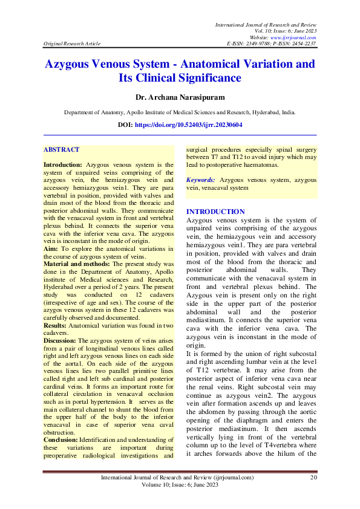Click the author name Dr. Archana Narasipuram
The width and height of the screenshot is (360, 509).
[x=180, y=96]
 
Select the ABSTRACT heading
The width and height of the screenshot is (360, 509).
[x=62, y=149]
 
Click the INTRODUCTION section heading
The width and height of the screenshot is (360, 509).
[x=215, y=212]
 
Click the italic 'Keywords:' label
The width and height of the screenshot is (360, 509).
[x=201, y=180]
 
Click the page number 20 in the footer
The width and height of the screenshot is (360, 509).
[x=313, y=478]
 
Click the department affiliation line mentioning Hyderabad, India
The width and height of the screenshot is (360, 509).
[x=180, y=112]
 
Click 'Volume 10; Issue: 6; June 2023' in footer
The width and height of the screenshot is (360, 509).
[x=180, y=485]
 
